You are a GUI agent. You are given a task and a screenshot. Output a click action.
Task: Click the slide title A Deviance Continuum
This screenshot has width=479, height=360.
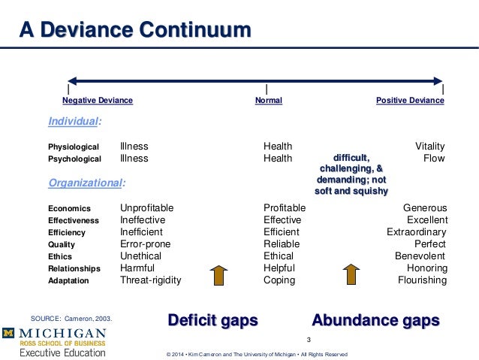click(x=135, y=31)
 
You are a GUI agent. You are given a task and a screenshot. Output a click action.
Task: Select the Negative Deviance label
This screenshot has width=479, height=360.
click(x=98, y=100)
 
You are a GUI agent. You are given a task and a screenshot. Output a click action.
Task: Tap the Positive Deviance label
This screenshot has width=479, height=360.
click(x=410, y=100)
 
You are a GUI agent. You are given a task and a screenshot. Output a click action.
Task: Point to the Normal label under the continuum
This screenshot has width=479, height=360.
click(x=269, y=100)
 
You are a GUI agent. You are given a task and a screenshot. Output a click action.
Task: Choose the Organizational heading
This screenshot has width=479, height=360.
click(x=86, y=183)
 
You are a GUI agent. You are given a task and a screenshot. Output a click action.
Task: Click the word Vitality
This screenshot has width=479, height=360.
click(x=429, y=147)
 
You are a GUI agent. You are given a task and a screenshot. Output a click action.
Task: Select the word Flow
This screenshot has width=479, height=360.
click(x=434, y=159)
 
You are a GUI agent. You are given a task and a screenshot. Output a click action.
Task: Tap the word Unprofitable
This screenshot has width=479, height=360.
click(x=146, y=208)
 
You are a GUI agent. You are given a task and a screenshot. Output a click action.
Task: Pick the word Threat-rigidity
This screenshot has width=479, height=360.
click(x=150, y=280)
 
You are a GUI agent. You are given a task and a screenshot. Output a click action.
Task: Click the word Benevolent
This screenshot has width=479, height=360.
click(x=420, y=256)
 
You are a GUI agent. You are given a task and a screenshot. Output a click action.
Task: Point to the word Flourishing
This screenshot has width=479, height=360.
click(x=422, y=280)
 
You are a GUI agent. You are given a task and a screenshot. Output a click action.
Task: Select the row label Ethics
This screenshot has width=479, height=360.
click(x=61, y=257)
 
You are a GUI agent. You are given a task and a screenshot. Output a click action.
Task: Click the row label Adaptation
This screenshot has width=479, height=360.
click(x=68, y=281)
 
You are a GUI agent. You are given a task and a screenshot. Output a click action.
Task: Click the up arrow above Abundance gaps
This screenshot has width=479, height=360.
click(x=351, y=275)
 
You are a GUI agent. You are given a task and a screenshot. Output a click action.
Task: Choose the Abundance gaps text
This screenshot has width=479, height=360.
click(x=375, y=320)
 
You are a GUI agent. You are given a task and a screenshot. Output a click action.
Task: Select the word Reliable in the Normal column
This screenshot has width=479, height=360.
click(x=282, y=244)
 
